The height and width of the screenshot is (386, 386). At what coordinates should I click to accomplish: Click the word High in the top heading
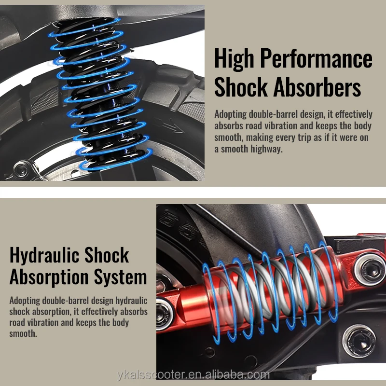click(234, 59)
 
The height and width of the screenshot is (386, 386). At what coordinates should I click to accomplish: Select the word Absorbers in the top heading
click(317, 87)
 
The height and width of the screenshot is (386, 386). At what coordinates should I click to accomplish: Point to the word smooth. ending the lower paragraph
click(23, 334)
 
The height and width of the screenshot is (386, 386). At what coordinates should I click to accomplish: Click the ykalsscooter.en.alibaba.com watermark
click(193, 375)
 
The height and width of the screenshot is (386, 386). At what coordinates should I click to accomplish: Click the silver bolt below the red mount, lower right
click(359, 341)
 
